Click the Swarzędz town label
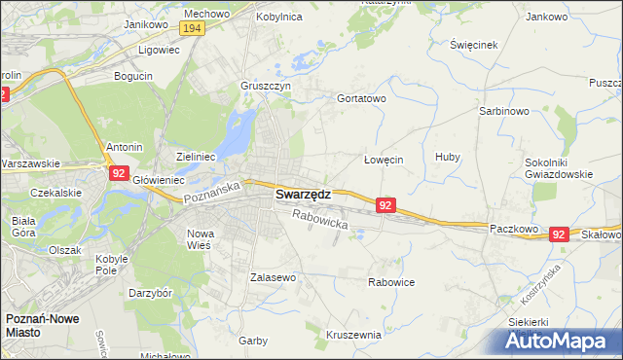(303, 194)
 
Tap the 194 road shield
(192, 29)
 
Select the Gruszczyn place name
(266, 86)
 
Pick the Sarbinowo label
(503, 112)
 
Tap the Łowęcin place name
(384, 160)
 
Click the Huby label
(448, 157)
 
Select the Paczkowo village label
(514, 228)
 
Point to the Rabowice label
(391, 282)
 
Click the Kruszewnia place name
(354, 334)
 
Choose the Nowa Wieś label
(200, 239)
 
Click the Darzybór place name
(151, 292)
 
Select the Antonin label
(125, 147)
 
